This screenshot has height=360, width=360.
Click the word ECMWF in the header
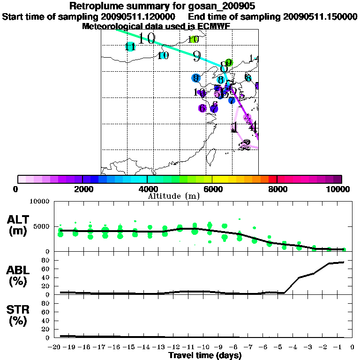(215, 26)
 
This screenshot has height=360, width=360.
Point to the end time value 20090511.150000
(320, 16)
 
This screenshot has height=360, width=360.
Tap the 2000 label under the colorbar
(82, 189)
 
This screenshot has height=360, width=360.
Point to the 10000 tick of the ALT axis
(40, 202)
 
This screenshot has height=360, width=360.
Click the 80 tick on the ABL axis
(46, 260)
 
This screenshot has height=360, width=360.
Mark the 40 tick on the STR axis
(46, 320)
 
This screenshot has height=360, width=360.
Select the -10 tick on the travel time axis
(204, 347)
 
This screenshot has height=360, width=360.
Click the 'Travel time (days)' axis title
(205, 355)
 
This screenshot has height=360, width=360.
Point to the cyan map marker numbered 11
(130, 47)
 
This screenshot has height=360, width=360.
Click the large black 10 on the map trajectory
(147, 38)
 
